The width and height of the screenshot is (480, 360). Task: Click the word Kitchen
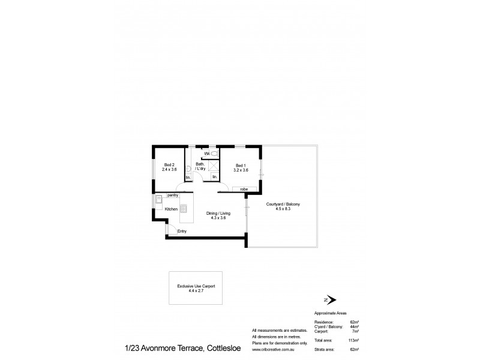tap(171, 209)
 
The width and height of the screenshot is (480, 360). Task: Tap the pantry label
tap(173, 196)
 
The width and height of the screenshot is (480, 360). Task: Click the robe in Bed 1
tap(244, 190)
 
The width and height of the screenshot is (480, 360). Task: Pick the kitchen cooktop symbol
tap(185, 209)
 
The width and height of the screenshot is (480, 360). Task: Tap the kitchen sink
tap(158, 199)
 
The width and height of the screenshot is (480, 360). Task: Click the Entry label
tap(182, 232)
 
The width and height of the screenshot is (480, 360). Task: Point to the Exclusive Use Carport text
tap(192, 287)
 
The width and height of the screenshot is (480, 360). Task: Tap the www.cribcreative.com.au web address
tap(272, 349)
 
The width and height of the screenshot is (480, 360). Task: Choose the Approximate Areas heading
tap(331, 313)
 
